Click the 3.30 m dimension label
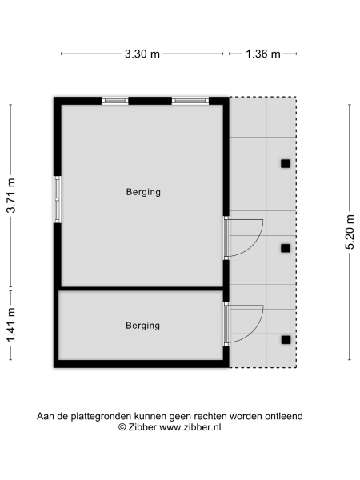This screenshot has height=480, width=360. (142, 54)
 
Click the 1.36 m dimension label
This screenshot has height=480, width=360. (262, 54)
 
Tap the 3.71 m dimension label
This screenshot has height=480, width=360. (11, 194)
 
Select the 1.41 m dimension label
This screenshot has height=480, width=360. (11, 326)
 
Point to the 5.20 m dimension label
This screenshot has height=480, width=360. (350, 232)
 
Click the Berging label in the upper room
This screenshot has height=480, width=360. (143, 192)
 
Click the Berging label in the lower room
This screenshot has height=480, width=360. (143, 326)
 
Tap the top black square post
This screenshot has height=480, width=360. (285, 164)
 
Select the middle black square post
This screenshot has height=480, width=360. (285, 248)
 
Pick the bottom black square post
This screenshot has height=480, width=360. (285, 340)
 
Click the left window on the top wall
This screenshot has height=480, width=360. (115, 101)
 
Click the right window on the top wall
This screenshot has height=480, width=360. (190, 101)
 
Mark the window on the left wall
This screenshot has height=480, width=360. (58, 199)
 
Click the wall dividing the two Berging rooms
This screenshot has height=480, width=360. (141, 288)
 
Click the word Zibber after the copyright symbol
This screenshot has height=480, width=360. (142, 428)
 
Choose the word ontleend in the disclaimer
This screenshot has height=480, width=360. (284, 416)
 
